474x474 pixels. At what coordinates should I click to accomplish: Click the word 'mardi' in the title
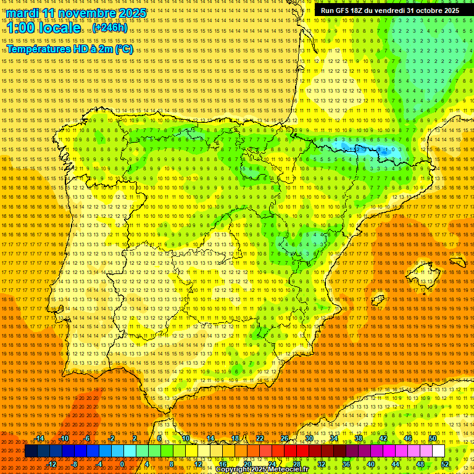(21, 13)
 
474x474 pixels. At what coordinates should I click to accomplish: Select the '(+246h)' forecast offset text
(110, 28)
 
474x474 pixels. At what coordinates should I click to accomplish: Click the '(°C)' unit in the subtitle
(123, 49)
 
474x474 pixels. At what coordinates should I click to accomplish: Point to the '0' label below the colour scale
(122, 464)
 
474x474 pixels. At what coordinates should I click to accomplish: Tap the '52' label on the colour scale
(445, 464)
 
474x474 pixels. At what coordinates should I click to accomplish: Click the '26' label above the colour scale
(285, 438)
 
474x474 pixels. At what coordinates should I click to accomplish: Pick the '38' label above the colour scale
(358, 438)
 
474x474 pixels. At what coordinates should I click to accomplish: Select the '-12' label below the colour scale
(52, 464)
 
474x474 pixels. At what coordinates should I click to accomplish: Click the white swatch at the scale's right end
(438, 451)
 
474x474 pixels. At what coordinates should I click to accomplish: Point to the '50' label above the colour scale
(433, 438)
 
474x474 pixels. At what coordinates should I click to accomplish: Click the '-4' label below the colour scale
(98, 464)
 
